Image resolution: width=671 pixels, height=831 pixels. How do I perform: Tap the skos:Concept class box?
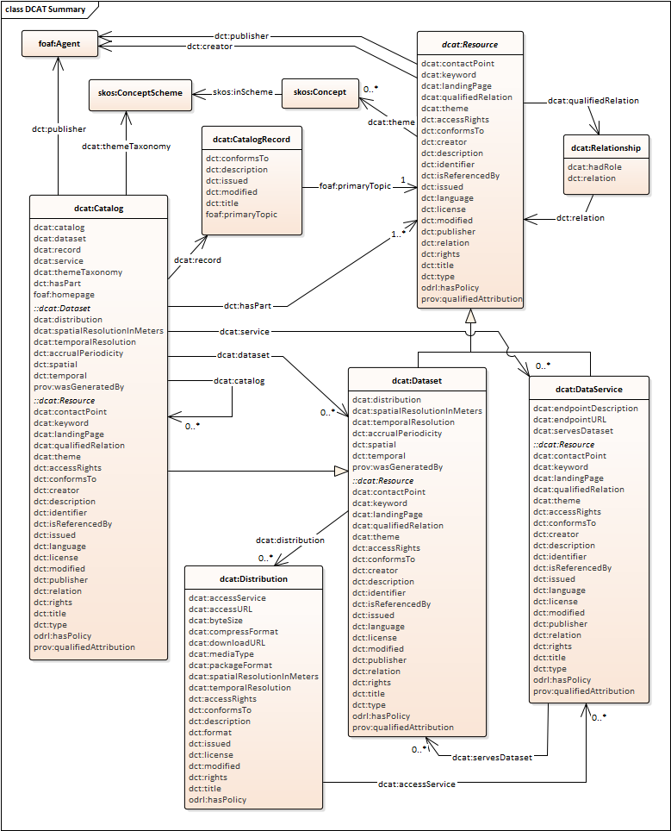320,92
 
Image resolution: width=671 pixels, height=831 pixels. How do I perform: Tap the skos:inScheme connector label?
236,92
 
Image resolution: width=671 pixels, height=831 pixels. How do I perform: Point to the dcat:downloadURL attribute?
227,642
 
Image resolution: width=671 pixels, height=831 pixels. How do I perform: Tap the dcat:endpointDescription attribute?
585,409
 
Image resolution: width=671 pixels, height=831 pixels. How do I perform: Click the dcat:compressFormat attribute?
233,631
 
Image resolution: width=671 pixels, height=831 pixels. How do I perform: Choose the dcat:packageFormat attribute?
229,665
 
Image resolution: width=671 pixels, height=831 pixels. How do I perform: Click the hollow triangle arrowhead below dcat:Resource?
469,317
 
